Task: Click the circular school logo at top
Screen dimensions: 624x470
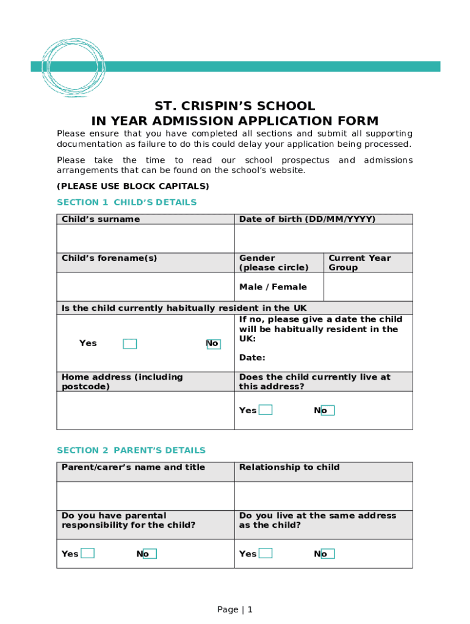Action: (x=73, y=66)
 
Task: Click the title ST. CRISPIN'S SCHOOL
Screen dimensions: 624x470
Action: (x=234, y=106)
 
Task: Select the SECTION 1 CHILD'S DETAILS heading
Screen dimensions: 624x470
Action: (x=126, y=202)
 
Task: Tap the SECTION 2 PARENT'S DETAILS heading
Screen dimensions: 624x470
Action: (x=131, y=450)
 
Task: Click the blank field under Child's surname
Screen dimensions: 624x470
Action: (x=145, y=238)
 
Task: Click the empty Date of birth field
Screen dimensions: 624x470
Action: (x=323, y=238)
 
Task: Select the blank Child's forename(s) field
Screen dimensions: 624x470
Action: (x=145, y=286)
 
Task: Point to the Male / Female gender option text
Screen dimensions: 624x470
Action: (x=273, y=287)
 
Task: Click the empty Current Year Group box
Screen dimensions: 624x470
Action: (x=367, y=286)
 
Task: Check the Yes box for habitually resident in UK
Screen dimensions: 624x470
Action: (x=129, y=344)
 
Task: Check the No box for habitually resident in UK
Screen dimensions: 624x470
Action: (x=214, y=344)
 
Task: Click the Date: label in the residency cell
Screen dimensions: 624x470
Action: (x=252, y=358)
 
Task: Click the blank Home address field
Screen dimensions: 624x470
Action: (x=145, y=410)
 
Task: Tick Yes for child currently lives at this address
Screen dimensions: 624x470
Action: (x=265, y=410)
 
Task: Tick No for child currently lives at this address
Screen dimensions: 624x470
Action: (x=328, y=410)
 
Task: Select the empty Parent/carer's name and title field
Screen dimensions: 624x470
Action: (x=145, y=495)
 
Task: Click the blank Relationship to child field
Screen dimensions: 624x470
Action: (x=323, y=495)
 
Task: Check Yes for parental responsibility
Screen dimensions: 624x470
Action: (x=88, y=553)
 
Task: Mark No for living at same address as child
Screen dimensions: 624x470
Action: (x=328, y=553)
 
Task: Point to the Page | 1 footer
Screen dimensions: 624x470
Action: (x=234, y=609)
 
